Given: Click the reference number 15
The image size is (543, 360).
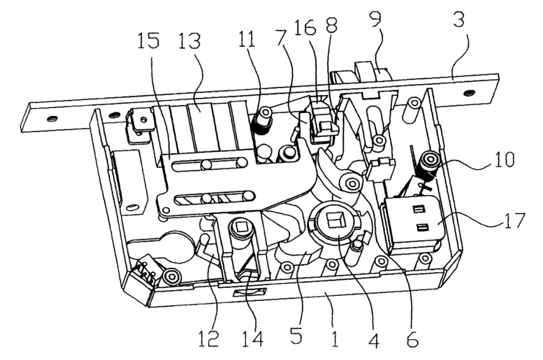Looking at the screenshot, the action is (149, 40).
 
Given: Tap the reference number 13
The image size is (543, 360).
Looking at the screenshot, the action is (189, 40).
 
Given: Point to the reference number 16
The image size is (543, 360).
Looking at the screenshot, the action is (305, 27).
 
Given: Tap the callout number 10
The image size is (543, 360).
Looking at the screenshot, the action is (504, 159).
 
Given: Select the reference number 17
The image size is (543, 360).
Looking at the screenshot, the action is (515, 220).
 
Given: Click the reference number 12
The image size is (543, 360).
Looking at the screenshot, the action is (208, 338).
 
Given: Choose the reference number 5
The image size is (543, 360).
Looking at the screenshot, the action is (296, 335).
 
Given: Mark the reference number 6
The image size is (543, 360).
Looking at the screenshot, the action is (412, 338).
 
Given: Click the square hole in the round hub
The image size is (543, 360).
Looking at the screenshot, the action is (334, 221).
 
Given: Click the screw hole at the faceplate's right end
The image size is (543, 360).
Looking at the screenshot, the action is (469, 92).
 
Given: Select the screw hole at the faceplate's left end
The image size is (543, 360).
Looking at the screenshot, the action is (51, 119).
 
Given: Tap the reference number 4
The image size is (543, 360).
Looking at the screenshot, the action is (373, 338).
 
